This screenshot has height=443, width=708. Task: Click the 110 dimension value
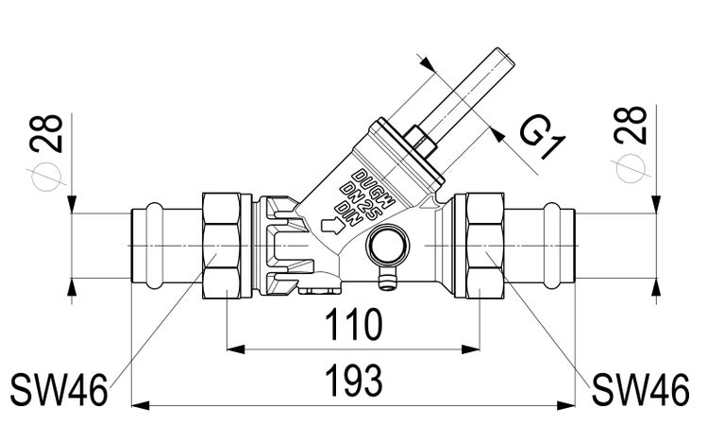tap(353, 326)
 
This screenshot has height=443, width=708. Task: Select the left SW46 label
tap(58, 387)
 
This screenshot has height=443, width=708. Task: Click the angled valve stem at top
tap(470, 94)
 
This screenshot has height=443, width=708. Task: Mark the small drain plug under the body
tap(385, 280)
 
